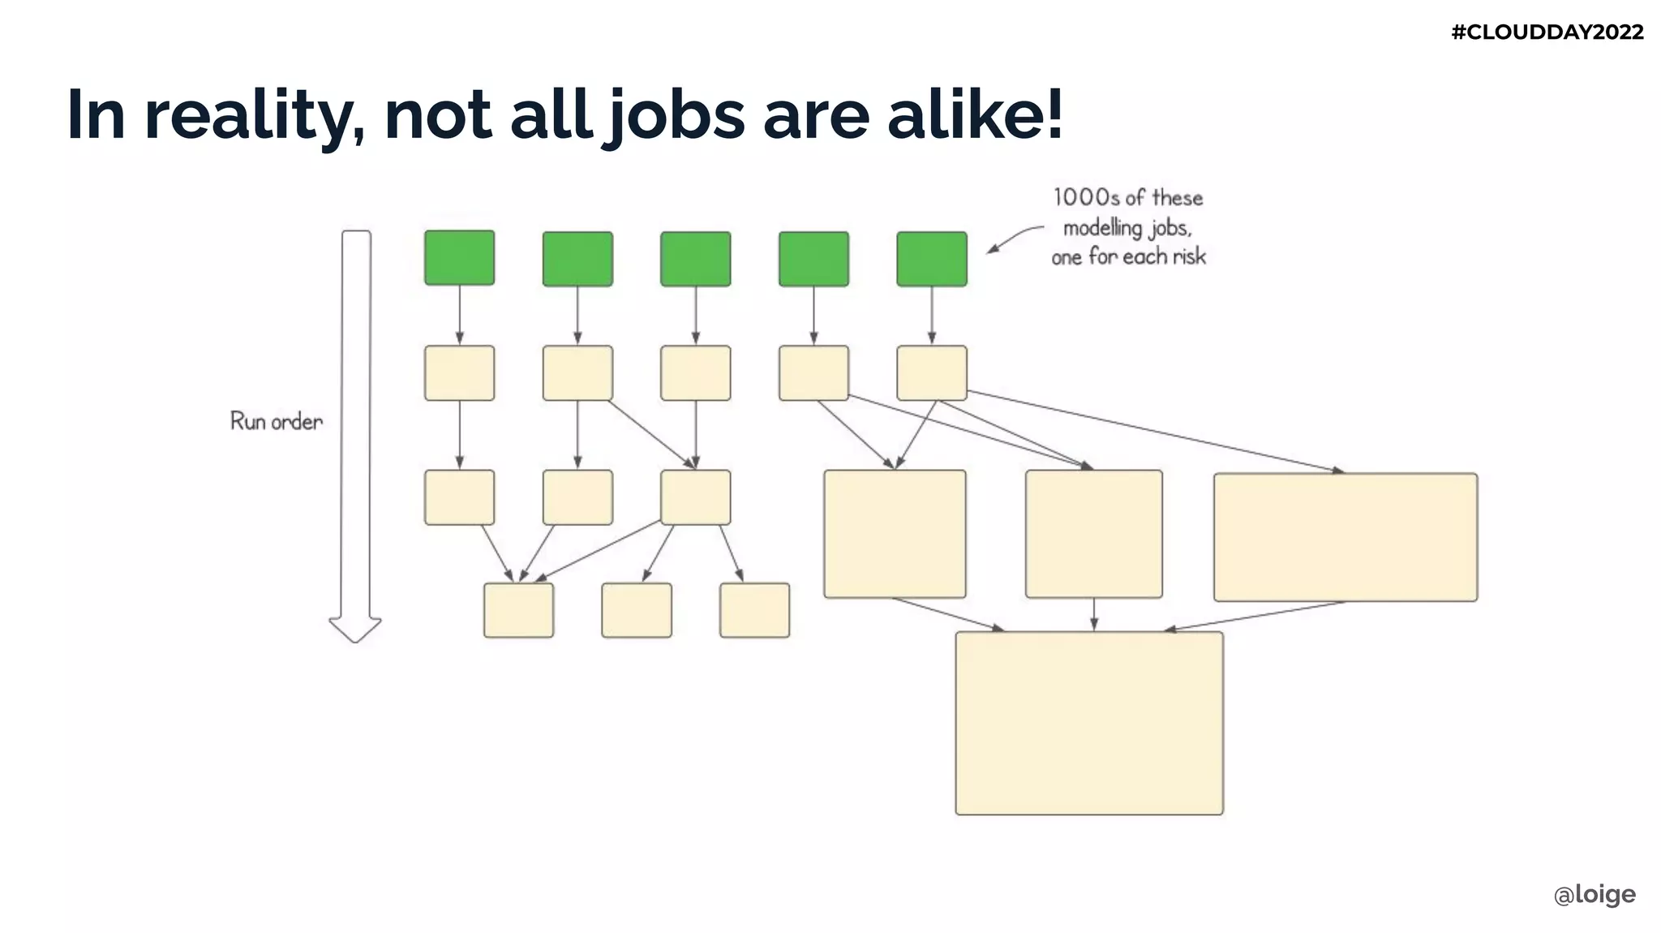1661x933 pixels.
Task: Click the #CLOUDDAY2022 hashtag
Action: [x=1547, y=32]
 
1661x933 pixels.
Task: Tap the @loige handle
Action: [x=1594, y=894]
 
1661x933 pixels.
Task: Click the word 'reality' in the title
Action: [x=254, y=115]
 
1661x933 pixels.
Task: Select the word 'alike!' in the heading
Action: [x=975, y=115]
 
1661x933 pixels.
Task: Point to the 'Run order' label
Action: [x=277, y=421]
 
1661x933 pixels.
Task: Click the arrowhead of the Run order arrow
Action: [x=355, y=630]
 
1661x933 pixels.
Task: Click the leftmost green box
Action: [x=459, y=258]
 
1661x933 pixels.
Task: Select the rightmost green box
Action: [x=931, y=259]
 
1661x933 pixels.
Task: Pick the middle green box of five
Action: [x=695, y=259]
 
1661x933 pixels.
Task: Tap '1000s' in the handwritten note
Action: [x=1085, y=198]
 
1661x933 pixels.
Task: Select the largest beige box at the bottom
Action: [x=1088, y=723]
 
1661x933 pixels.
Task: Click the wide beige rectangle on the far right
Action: [x=1345, y=537]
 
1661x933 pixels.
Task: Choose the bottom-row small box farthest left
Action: [x=518, y=610]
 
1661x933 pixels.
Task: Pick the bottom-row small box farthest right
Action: [x=754, y=610]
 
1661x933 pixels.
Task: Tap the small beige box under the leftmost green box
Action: [x=459, y=373]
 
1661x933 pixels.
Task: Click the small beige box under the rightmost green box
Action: [x=931, y=373]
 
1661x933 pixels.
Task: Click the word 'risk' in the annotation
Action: [x=1188, y=257]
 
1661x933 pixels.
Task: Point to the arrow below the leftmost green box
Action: [x=460, y=315]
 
